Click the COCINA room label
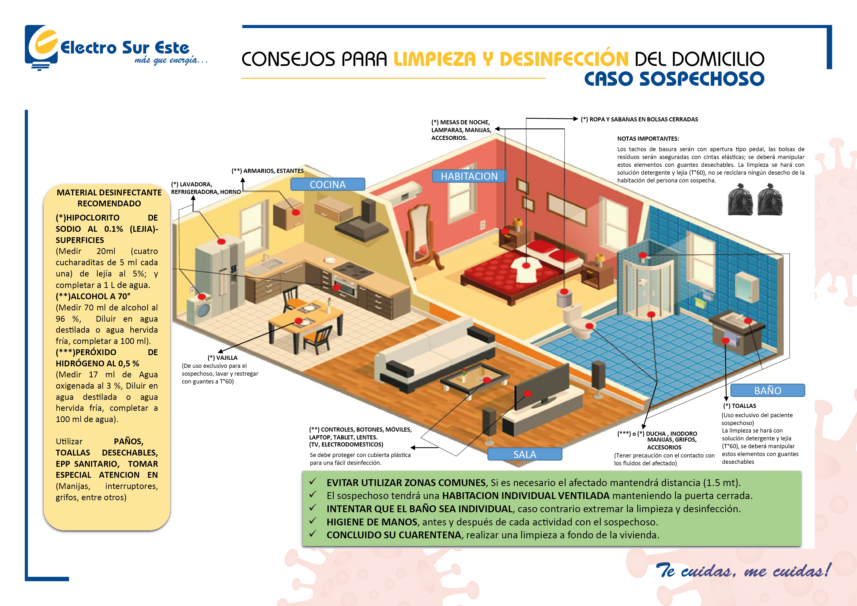pyautogui.click(x=327, y=184)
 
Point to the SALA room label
pyautogui.click(x=525, y=454)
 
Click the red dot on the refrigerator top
pyautogui.click(x=221, y=241)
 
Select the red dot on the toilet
pyautogui.click(x=589, y=326)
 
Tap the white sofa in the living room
pyautogui.click(x=433, y=354)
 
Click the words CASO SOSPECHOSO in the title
pyautogui.click(x=674, y=79)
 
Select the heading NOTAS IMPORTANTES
pyautogui.click(x=648, y=138)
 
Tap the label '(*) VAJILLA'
pyautogui.click(x=223, y=358)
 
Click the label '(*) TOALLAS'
pyautogui.click(x=739, y=406)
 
